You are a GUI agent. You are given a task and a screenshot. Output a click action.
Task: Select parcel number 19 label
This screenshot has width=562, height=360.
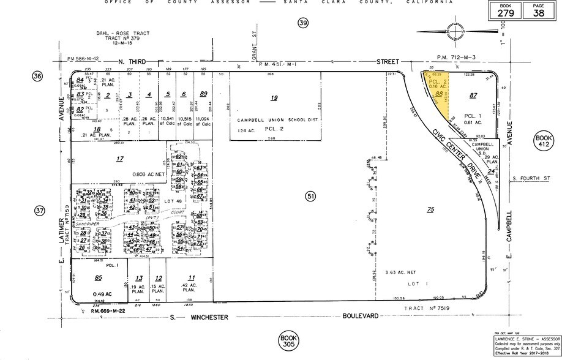tap(274, 97)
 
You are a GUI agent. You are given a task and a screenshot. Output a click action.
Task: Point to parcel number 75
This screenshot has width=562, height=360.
tap(430, 209)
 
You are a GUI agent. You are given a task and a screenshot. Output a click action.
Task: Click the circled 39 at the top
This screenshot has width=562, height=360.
tap(302, 23)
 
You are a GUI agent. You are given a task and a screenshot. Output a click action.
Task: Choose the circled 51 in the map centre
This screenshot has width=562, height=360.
tap(310, 196)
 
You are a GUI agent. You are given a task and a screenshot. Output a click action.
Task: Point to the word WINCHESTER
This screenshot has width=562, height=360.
tap(209, 317)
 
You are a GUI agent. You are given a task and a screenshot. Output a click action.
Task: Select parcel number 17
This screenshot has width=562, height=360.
tap(120, 160)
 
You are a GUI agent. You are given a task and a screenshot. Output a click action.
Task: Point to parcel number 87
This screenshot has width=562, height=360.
tap(472, 95)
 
